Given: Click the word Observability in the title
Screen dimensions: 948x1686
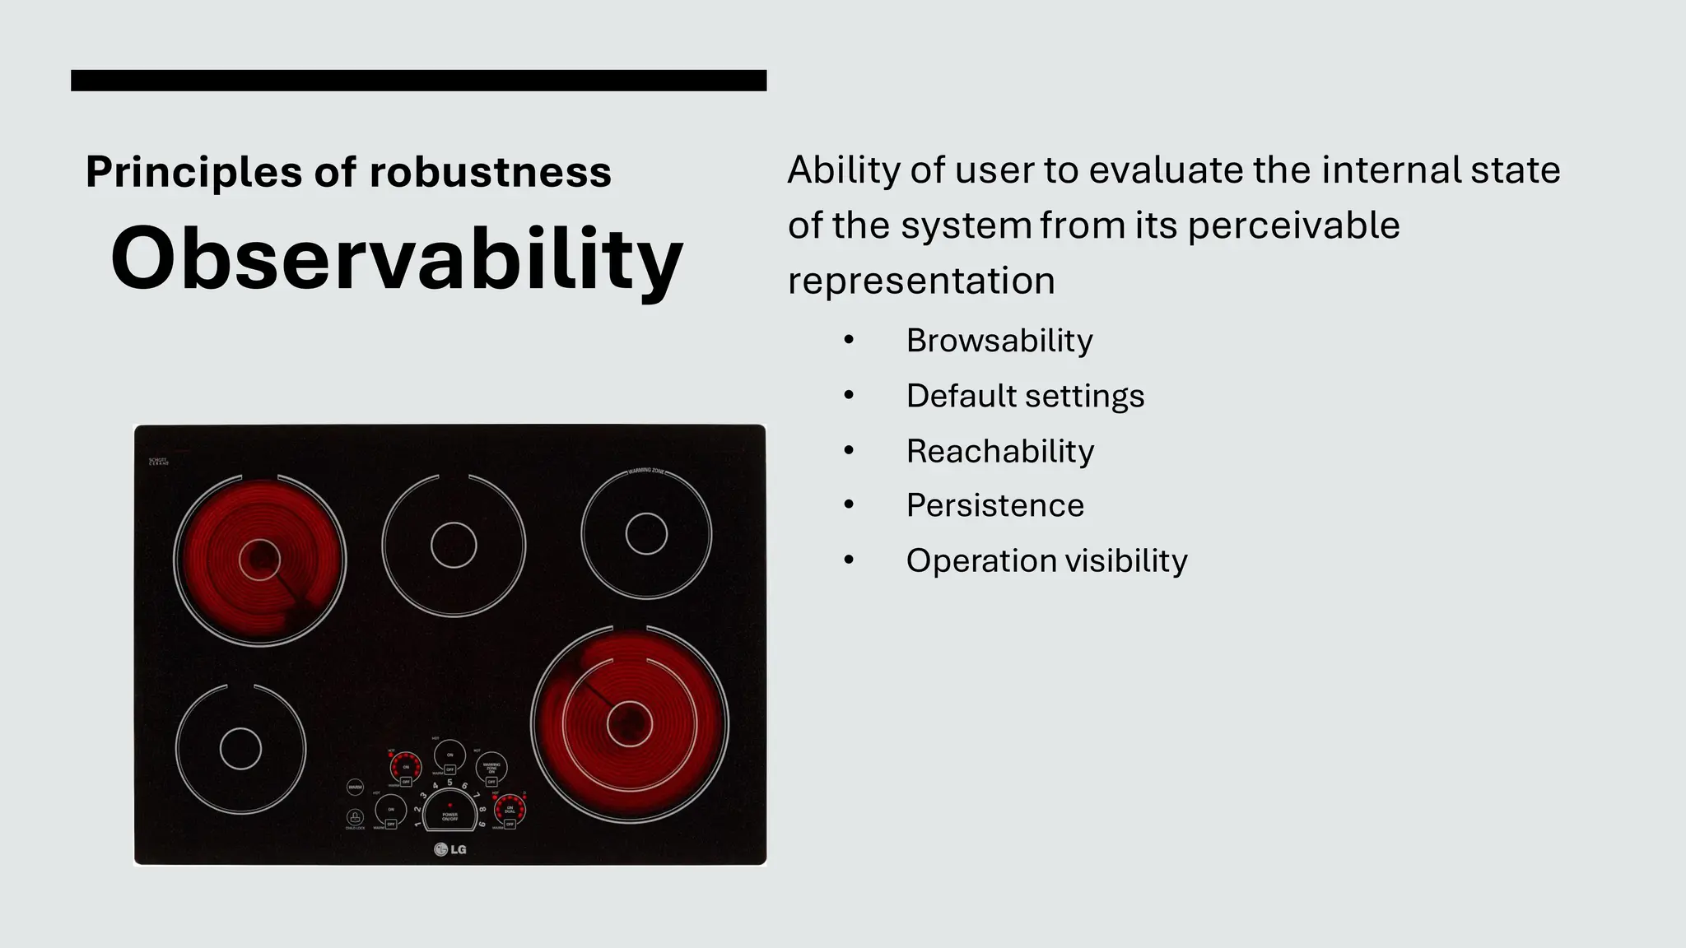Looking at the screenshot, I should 397,259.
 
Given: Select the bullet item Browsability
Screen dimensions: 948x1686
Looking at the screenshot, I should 999,341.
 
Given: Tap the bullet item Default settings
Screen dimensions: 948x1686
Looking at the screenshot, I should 1025,396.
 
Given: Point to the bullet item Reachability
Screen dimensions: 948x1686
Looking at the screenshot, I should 999,451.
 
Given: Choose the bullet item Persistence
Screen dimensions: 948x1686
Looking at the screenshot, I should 994,505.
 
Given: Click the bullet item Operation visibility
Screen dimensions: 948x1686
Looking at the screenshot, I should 1046,560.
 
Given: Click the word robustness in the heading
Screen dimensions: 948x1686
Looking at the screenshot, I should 490,172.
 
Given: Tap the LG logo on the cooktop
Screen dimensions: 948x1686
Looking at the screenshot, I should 450,849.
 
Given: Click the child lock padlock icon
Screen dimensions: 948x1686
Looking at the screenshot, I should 355,817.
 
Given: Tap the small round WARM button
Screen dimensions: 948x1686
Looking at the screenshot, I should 355,787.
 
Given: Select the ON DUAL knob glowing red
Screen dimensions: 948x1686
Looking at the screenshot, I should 510,809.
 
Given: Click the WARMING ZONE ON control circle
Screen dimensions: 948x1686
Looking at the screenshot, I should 491,767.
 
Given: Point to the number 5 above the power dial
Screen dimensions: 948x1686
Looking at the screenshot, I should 450,783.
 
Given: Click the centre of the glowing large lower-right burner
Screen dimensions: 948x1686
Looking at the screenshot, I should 630,724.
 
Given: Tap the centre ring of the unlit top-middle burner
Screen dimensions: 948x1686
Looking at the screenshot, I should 454,546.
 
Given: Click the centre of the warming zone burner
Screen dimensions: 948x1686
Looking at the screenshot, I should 646,535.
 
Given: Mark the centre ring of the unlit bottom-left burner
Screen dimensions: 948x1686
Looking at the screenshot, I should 240,749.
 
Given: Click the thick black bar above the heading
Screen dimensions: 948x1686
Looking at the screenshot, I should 418,81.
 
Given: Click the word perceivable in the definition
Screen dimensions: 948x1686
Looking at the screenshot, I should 1293,225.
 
